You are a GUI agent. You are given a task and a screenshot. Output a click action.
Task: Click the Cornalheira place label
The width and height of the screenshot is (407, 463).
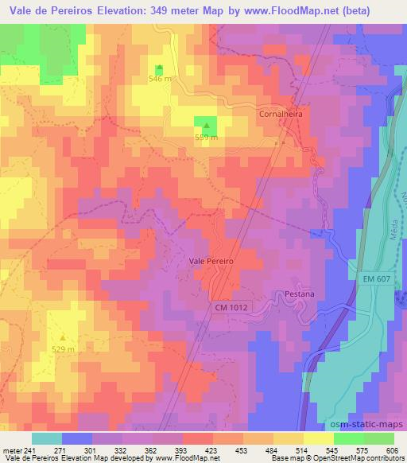[281, 114]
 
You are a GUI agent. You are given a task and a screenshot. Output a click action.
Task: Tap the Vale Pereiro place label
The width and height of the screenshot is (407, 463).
[211, 260]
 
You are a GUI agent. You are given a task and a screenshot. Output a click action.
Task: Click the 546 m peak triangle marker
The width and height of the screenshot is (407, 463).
[159, 68]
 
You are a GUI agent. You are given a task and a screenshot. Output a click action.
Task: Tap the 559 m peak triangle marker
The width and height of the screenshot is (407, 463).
[207, 125]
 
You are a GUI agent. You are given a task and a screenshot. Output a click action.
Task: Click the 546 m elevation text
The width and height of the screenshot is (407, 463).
[160, 79]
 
